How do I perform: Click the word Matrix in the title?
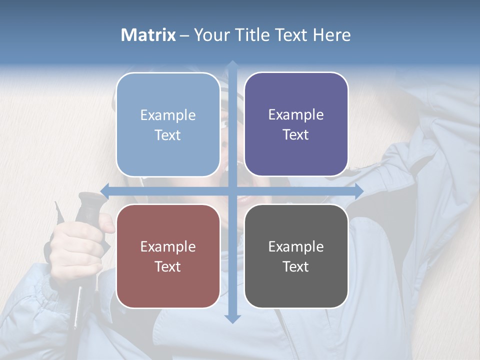[x=148, y=35]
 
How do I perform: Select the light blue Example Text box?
[x=168, y=125]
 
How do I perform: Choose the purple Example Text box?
[x=296, y=124]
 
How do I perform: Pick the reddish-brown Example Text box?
[x=168, y=256]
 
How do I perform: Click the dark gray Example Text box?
[x=296, y=256]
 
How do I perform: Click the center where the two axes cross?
[x=232, y=191]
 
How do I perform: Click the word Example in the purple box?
[x=296, y=115]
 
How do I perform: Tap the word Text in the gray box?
[x=296, y=266]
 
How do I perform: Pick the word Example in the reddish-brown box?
[x=168, y=246]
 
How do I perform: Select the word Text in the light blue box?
[x=168, y=135]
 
